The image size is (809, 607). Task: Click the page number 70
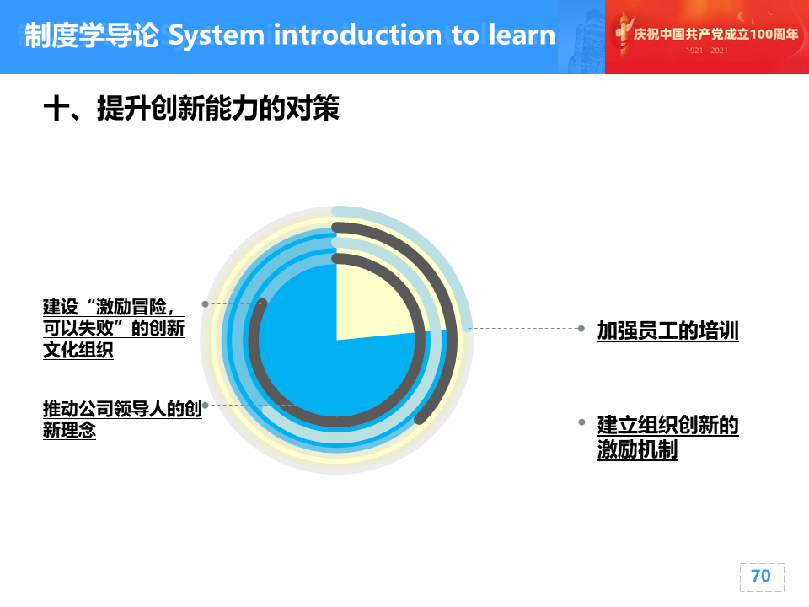(x=761, y=576)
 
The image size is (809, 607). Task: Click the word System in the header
(x=217, y=36)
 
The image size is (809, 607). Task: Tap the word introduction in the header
(x=357, y=35)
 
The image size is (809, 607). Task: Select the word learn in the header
(x=522, y=35)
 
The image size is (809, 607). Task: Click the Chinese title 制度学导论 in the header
(x=92, y=35)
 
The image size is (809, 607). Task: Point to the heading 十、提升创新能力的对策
(x=191, y=109)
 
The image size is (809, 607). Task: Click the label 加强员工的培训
(x=668, y=330)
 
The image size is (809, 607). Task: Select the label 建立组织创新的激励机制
(x=668, y=438)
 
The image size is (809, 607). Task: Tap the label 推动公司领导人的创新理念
(x=122, y=419)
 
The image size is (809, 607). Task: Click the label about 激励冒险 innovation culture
(x=114, y=328)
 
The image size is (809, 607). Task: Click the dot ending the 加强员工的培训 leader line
(x=581, y=328)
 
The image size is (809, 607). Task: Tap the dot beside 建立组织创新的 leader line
(x=581, y=422)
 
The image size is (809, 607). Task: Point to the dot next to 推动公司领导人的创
(x=206, y=406)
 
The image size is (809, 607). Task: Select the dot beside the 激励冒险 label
(x=206, y=304)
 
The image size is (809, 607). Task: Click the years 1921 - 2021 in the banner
(x=707, y=51)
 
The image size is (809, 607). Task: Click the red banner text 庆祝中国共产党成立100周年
(x=715, y=34)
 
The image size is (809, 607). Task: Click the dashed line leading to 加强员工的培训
(x=523, y=328)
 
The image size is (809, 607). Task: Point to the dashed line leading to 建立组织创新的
(x=501, y=422)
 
